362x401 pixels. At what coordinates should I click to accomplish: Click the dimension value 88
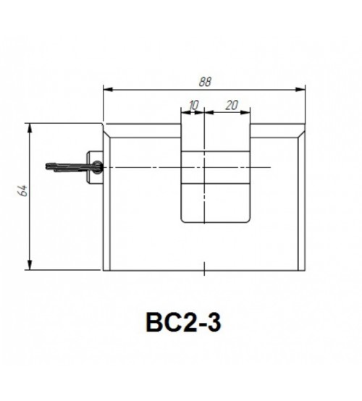(205, 82)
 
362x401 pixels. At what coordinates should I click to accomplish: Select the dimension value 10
(193, 105)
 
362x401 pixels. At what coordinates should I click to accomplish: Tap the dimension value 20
(232, 105)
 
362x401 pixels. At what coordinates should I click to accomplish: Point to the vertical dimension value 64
(23, 190)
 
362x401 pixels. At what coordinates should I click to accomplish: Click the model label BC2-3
(183, 322)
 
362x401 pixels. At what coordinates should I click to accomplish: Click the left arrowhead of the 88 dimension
(108, 89)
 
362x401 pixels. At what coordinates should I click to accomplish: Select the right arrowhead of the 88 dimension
(300, 89)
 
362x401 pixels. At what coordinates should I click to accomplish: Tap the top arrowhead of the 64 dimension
(30, 128)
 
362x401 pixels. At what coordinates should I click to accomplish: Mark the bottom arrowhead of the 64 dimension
(30, 265)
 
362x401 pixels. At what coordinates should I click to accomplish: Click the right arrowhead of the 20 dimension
(245, 112)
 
